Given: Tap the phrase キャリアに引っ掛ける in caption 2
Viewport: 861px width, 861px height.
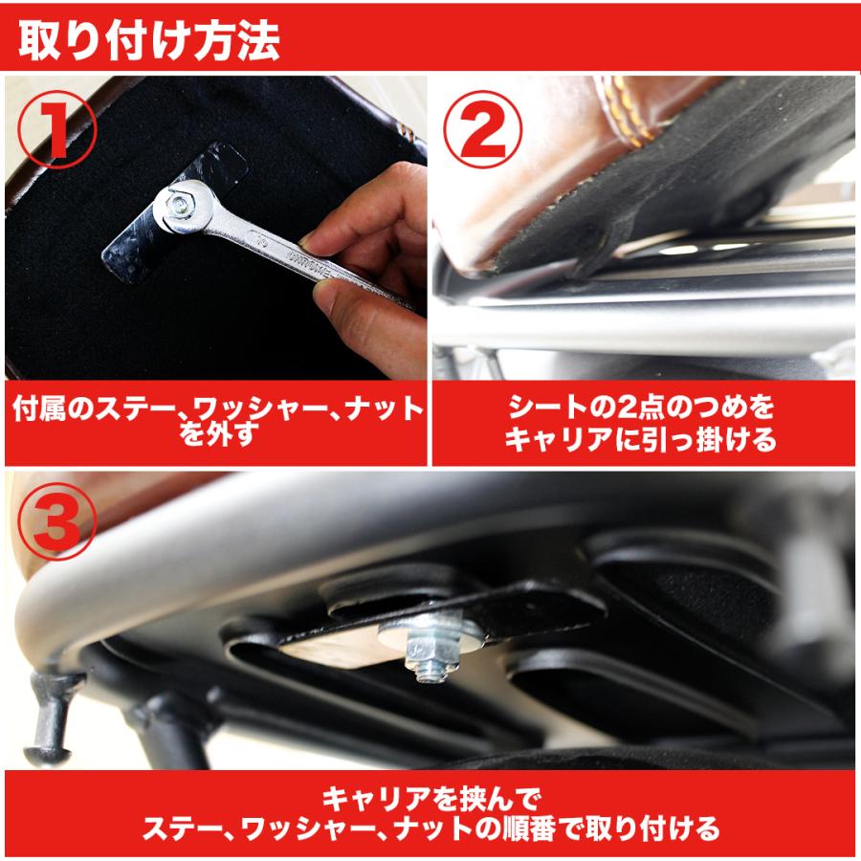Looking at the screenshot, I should pyautogui.click(x=641, y=441).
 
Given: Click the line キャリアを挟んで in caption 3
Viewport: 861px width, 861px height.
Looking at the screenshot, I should pyautogui.click(x=430, y=795).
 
